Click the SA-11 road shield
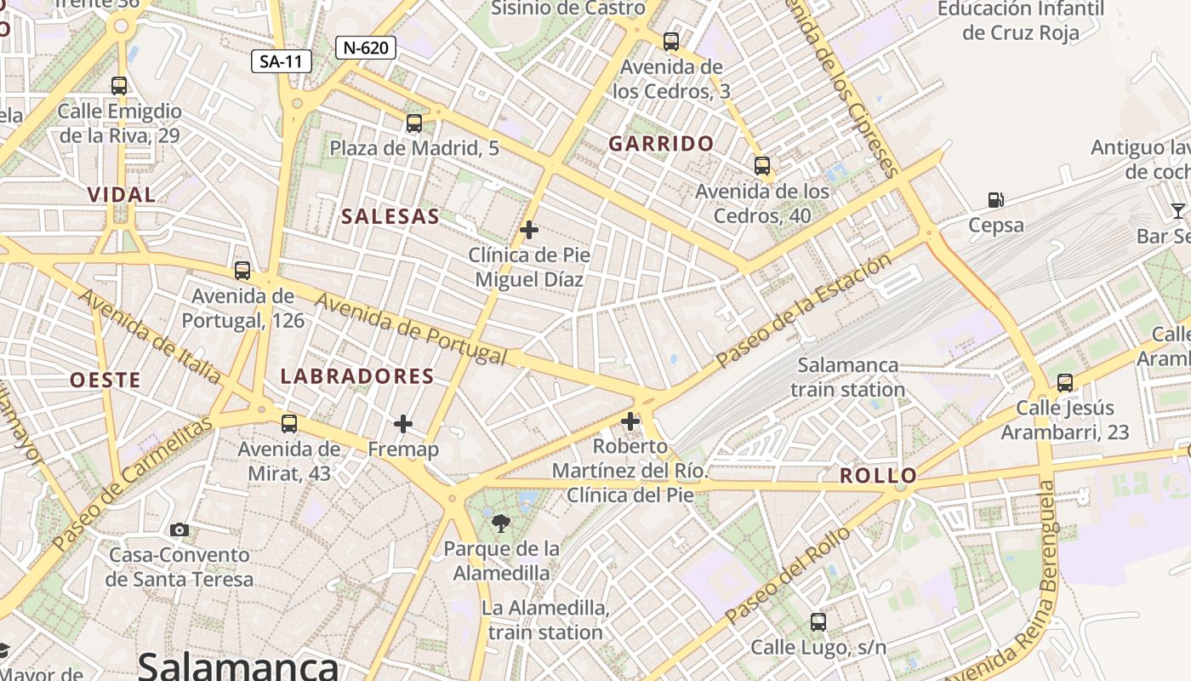pos(282,61)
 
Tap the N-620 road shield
pos(366,48)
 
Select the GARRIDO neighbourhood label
pos(661,144)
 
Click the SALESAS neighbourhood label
pos(390,216)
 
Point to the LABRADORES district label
pos(357,376)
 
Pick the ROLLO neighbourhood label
pos(879,476)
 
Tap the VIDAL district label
pos(122,195)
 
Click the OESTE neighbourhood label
pos(105,381)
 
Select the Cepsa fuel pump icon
pos(995,201)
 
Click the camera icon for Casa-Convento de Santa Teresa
pos(179,530)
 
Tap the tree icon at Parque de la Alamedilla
pos(501,524)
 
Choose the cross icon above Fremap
pos(403,423)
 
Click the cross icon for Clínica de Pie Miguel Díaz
pos(529,230)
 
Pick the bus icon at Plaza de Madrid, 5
pos(414,123)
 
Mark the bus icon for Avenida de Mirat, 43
pos(289,423)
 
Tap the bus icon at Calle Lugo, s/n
pos(818,622)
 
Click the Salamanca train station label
pos(848,377)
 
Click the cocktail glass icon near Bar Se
pos(1177,210)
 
